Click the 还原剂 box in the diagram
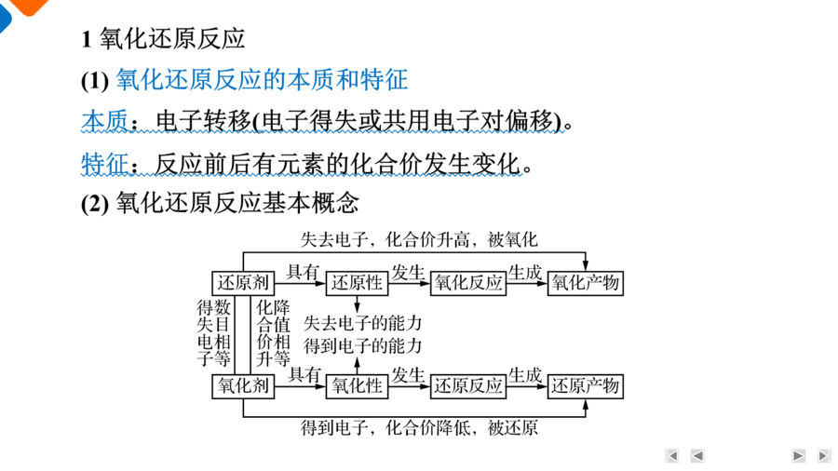click(243, 282)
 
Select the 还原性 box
click(357, 282)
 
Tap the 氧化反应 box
click(468, 282)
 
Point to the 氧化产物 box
click(586, 282)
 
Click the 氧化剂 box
click(243, 386)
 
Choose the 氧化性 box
click(357, 386)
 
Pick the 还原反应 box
click(468, 386)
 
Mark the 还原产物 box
click(586, 386)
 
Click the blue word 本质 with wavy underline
click(104, 121)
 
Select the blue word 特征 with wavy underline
click(104, 164)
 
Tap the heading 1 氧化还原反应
click(163, 38)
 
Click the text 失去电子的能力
click(363, 323)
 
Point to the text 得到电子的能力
click(363, 346)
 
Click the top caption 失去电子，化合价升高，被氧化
click(419, 239)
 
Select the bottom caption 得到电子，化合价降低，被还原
click(419, 427)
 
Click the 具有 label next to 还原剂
click(303, 272)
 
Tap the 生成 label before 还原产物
click(525, 375)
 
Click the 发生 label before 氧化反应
click(409, 273)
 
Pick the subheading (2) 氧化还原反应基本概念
click(220, 203)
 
